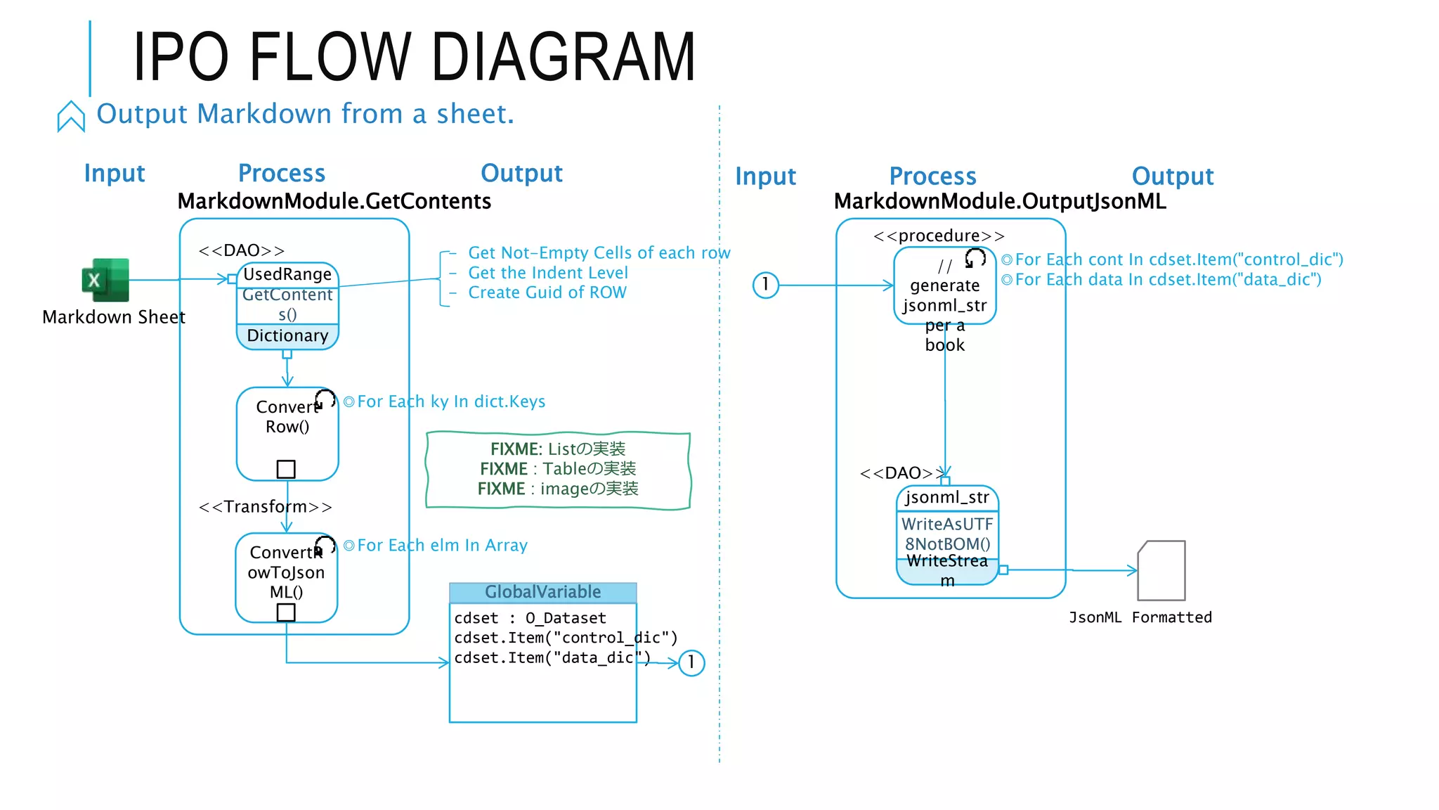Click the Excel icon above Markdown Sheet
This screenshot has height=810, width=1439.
(106, 280)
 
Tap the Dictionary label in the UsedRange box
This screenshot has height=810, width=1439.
(287, 336)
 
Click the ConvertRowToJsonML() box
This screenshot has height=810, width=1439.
(286, 573)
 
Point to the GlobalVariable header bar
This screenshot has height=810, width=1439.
(542, 592)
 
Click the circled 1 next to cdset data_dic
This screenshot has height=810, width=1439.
(691, 662)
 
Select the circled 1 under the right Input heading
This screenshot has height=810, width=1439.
(765, 285)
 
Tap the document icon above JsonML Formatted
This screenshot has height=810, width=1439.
(1161, 570)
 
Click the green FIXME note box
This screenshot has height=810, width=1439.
(558, 469)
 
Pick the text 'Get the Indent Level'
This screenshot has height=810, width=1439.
(548, 273)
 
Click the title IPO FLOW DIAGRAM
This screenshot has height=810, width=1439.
(414, 58)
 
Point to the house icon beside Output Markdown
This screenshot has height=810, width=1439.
(71, 116)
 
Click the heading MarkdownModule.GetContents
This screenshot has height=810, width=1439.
(334, 202)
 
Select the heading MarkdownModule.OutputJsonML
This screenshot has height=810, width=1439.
(999, 202)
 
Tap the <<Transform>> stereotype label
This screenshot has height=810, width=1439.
(265, 507)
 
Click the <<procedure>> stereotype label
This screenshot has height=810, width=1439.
(939, 236)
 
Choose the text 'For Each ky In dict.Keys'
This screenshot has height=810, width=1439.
(450, 401)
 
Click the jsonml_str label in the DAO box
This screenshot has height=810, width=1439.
(946, 498)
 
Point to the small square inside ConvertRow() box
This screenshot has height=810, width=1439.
(286, 469)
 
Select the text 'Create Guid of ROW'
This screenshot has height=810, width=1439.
(547, 292)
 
